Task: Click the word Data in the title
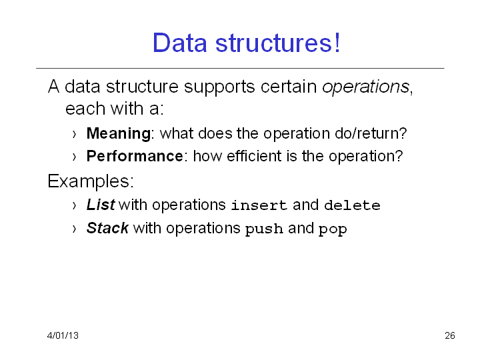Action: tap(180, 43)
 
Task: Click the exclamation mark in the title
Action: tap(337, 43)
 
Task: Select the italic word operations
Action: tap(365, 87)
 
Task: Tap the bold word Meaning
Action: tap(119, 134)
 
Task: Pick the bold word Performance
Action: tap(135, 156)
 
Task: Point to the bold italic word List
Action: tap(101, 205)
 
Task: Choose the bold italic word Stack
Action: tap(107, 228)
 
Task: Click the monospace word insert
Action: tap(259, 205)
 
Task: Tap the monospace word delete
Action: tap(353, 205)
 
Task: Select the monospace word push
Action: tap(264, 229)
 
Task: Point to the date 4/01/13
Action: tap(63, 335)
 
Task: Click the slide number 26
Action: tap(450, 335)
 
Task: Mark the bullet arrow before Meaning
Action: tap(74, 135)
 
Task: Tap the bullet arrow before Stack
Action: tap(74, 229)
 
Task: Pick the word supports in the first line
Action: tap(219, 87)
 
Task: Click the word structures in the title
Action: tap(273, 43)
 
